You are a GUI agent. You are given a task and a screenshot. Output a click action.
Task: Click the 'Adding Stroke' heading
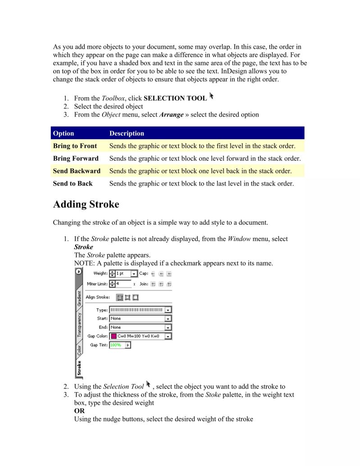[x=86, y=204]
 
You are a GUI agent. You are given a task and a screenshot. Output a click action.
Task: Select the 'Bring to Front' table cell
[x=75, y=146]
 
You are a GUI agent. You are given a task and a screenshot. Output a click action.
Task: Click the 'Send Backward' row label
[x=76, y=171]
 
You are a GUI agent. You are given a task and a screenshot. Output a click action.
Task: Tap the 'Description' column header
[x=126, y=133]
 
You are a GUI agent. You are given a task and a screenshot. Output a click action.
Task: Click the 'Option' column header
[x=63, y=133]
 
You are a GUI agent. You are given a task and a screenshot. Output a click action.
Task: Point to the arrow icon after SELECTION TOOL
[x=211, y=96]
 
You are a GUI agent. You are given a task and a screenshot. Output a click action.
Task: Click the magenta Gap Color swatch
[x=113, y=336]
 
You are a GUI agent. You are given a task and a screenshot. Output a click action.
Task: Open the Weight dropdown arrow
[x=134, y=274]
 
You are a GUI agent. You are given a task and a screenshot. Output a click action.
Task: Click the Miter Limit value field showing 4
[x=123, y=284]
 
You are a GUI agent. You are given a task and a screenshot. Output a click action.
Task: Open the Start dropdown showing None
[x=140, y=319]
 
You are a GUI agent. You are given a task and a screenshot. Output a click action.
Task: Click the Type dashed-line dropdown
[x=140, y=310]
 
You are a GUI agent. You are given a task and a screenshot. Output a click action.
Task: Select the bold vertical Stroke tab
[x=79, y=367]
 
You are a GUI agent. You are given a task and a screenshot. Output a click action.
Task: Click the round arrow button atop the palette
[x=79, y=271]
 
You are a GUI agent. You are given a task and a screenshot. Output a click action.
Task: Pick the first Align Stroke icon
[x=120, y=297]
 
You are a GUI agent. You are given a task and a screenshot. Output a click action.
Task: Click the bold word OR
[x=79, y=411]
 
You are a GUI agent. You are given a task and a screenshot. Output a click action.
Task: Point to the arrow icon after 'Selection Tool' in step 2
[x=148, y=385]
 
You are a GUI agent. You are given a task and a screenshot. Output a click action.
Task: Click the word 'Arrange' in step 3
[x=171, y=115]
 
